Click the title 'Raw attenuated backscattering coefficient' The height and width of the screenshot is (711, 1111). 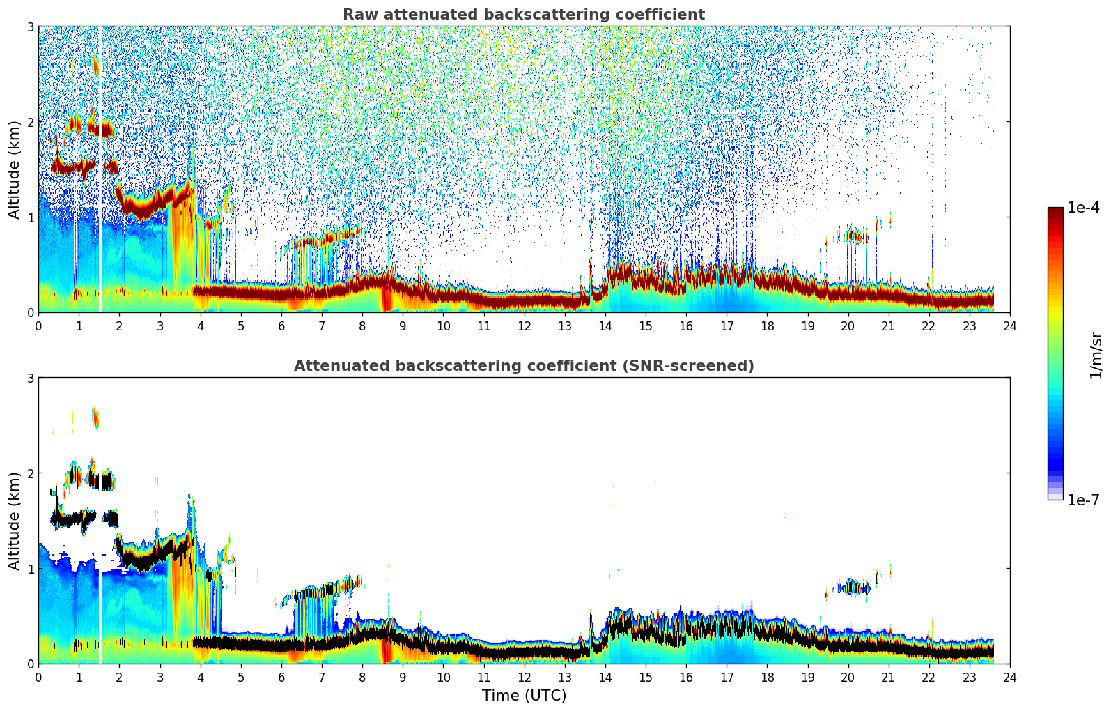point(523,15)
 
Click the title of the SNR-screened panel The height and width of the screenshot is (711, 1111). point(523,366)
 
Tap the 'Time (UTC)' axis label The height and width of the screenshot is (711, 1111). point(524,695)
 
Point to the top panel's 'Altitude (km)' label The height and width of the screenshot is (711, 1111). point(15,169)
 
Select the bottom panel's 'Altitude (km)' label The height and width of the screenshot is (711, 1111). point(15,521)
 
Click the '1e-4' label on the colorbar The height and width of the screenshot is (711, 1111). point(1083,208)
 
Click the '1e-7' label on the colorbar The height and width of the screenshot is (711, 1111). point(1083,500)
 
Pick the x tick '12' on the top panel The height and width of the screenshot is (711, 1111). point(524,326)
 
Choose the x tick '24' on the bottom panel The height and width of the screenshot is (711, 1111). point(1009,677)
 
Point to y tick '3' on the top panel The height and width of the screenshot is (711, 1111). point(30,26)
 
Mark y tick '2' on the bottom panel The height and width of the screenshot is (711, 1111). point(30,473)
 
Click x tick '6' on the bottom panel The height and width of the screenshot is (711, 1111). point(281,677)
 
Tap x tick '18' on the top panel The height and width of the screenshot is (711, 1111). point(767,326)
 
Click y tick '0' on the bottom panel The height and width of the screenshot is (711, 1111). point(30,664)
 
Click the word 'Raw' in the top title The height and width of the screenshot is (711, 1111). point(358,15)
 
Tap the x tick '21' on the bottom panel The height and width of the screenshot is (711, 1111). point(888,677)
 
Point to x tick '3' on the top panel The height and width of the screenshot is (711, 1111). point(160,326)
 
